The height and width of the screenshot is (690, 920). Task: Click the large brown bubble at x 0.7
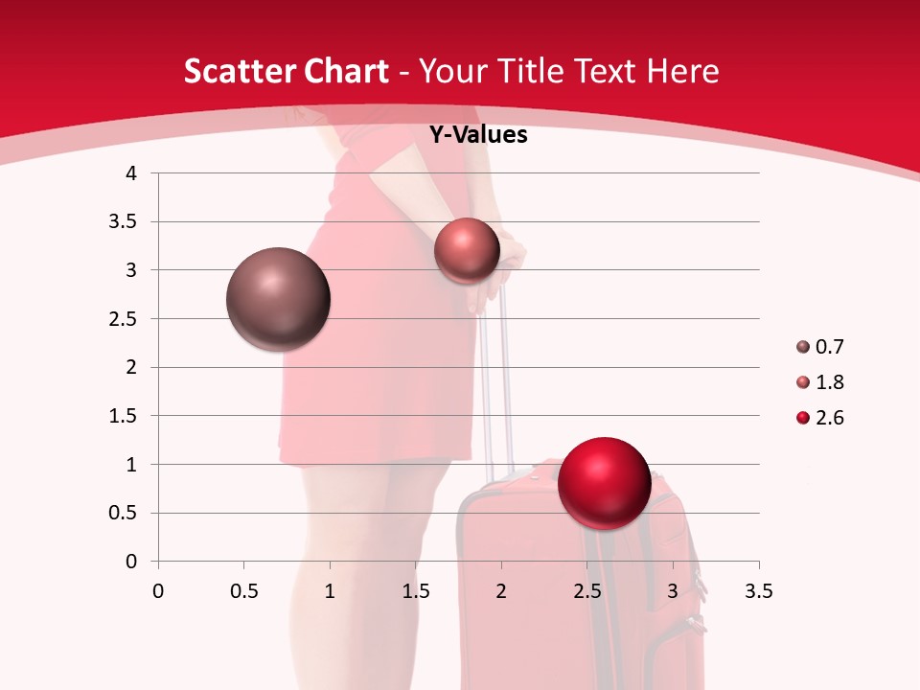click(278, 299)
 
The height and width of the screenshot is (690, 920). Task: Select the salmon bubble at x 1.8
click(467, 250)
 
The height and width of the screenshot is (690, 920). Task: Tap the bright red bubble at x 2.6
click(604, 483)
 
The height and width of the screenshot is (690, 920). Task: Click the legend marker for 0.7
click(803, 347)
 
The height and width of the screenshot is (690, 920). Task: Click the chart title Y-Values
click(477, 135)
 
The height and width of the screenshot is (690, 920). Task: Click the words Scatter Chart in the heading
click(286, 71)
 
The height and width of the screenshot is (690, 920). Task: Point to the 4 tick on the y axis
click(132, 173)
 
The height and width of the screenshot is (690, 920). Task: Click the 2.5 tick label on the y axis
click(123, 319)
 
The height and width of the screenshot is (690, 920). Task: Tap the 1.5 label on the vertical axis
click(123, 416)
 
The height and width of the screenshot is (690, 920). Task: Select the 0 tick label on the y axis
click(132, 562)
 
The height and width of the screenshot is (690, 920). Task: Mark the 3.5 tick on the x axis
click(758, 591)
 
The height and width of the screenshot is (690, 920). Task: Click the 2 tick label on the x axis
click(501, 591)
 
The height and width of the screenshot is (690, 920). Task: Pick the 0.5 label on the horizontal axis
click(243, 591)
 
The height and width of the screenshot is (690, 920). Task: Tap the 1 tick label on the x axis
click(330, 591)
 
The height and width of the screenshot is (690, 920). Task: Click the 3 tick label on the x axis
click(673, 591)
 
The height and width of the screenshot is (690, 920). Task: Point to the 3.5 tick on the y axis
click(123, 222)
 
